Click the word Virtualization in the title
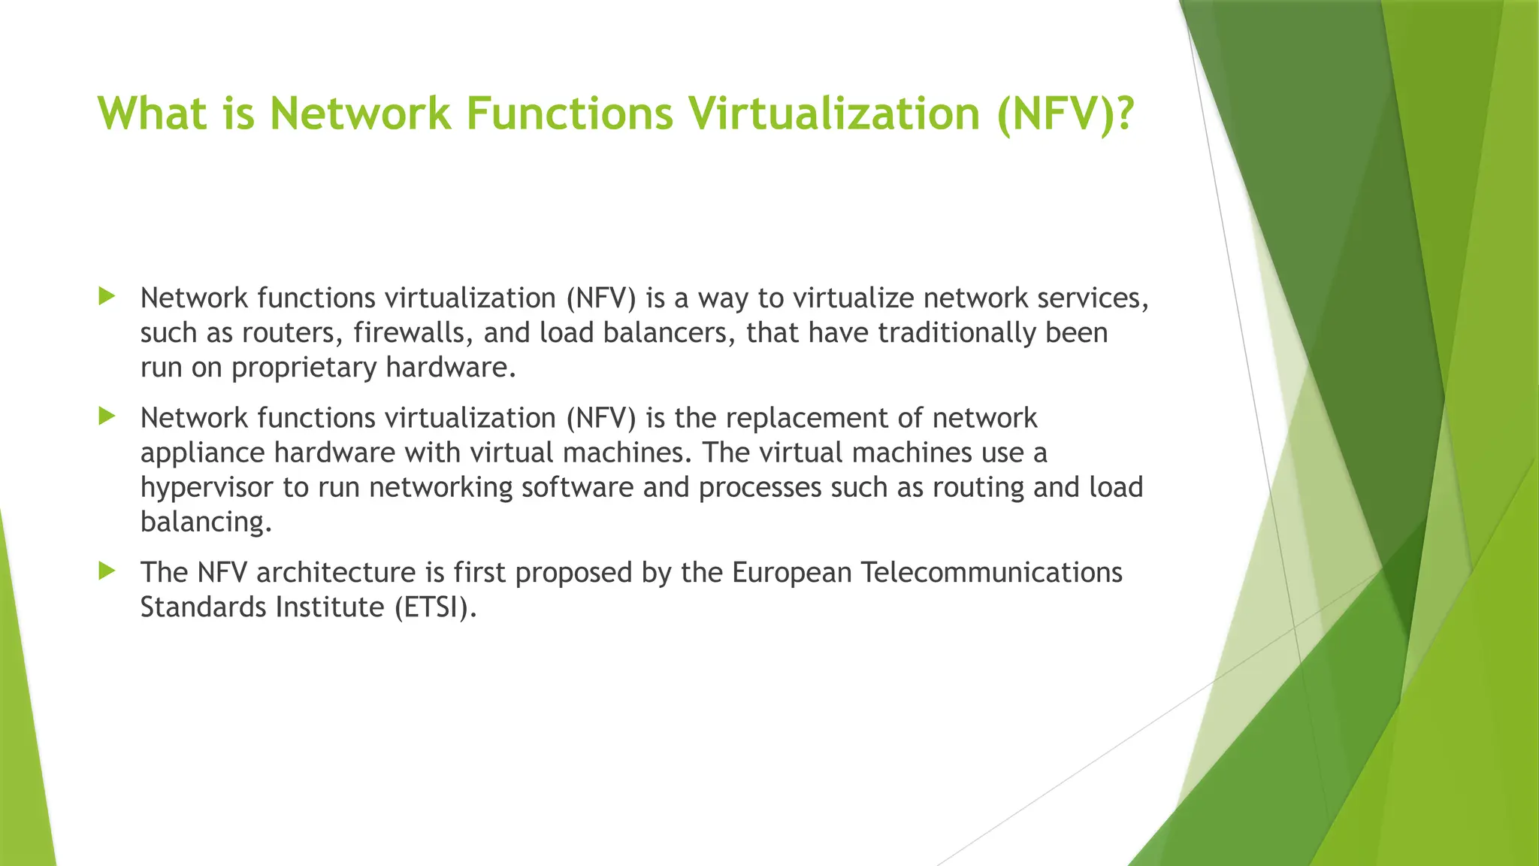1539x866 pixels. [834, 114]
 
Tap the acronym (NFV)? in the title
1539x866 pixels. [1065, 114]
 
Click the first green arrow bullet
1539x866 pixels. [107, 296]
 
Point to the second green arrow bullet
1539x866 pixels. [107, 416]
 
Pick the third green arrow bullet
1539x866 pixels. [107, 571]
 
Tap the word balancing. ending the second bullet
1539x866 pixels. [206, 522]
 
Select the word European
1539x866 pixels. [791, 573]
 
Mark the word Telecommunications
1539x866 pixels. [991, 573]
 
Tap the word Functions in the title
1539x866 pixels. [570, 114]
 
